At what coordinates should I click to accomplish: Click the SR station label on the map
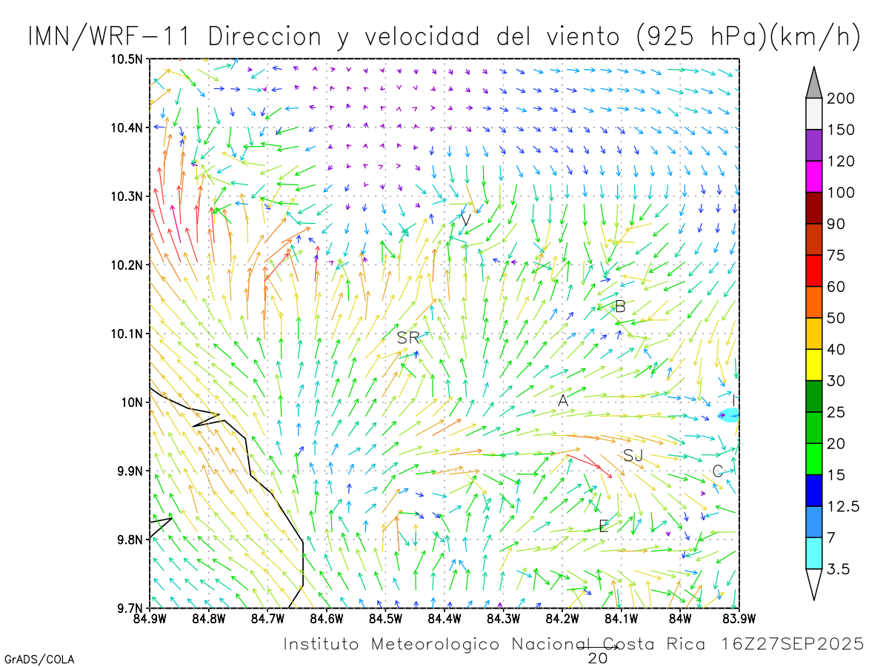[407, 338]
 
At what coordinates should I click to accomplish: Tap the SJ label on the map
[633, 455]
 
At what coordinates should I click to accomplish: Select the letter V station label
[466, 220]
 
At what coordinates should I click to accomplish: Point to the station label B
[621, 306]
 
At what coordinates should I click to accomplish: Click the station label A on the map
[563, 400]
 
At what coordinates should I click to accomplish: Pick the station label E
[604, 527]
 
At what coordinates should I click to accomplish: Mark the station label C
[717, 471]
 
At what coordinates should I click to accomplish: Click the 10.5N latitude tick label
[127, 59]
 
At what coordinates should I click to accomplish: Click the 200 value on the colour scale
[841, 99]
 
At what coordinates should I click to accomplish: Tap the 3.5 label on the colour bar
[839, 569]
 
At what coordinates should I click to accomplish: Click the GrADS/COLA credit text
[39, 659]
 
